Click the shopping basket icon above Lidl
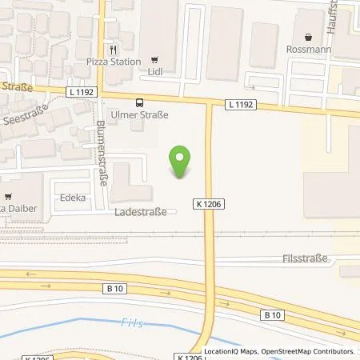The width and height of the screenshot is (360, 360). pyautogui.click(x=155, y=59)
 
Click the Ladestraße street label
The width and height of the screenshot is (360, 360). pyautogui.click(x=141, y=213)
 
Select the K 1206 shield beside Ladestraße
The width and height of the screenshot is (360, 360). pyautogui.click(x=208, y=204)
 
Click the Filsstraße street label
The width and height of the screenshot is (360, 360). pyautogui.click(x=305, y=258)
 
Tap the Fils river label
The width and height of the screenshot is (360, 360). pyautogui.click(x=153, y=324)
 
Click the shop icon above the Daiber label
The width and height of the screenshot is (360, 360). pyautogui.click(x=8, y=196)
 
